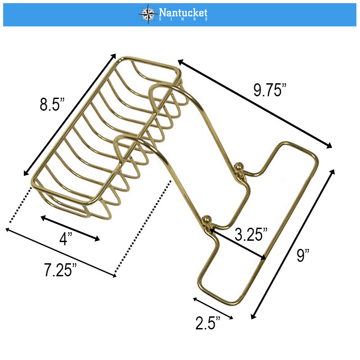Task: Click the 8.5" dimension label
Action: coord(52,104)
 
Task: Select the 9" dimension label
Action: coord(303,255)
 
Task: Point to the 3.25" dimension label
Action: coord(251,234)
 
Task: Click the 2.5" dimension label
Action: coord(207,323)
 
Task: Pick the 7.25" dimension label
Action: coord(60,270)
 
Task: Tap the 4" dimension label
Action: coord(66,239)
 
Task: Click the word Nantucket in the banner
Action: coord(183,13)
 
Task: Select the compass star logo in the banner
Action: coord(148,14)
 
